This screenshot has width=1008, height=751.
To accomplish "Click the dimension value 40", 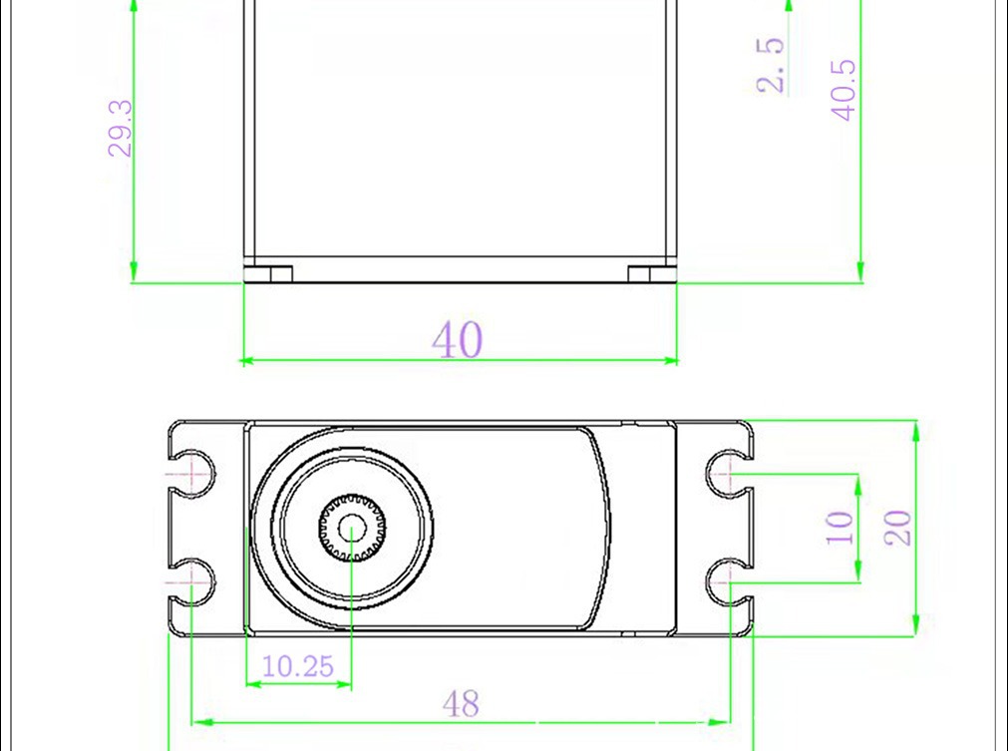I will coord(458,340).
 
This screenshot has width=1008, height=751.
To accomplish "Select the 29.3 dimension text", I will coord(121,128).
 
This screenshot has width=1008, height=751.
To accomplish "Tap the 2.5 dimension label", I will coord(771,66).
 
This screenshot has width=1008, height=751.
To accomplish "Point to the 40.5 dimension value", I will coord(843,91).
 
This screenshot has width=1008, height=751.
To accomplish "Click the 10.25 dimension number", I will coord(298,666).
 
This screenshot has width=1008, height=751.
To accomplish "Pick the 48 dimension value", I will coord(460,704).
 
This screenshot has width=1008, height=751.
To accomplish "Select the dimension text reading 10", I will coord(840,527).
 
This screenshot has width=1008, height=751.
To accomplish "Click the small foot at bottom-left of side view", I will coord(268,272).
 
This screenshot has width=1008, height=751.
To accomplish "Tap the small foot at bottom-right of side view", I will coord(652,272).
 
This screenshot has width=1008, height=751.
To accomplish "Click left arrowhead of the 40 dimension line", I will coord(250,359).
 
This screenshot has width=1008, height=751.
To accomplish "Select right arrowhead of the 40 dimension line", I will coord(671,359).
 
